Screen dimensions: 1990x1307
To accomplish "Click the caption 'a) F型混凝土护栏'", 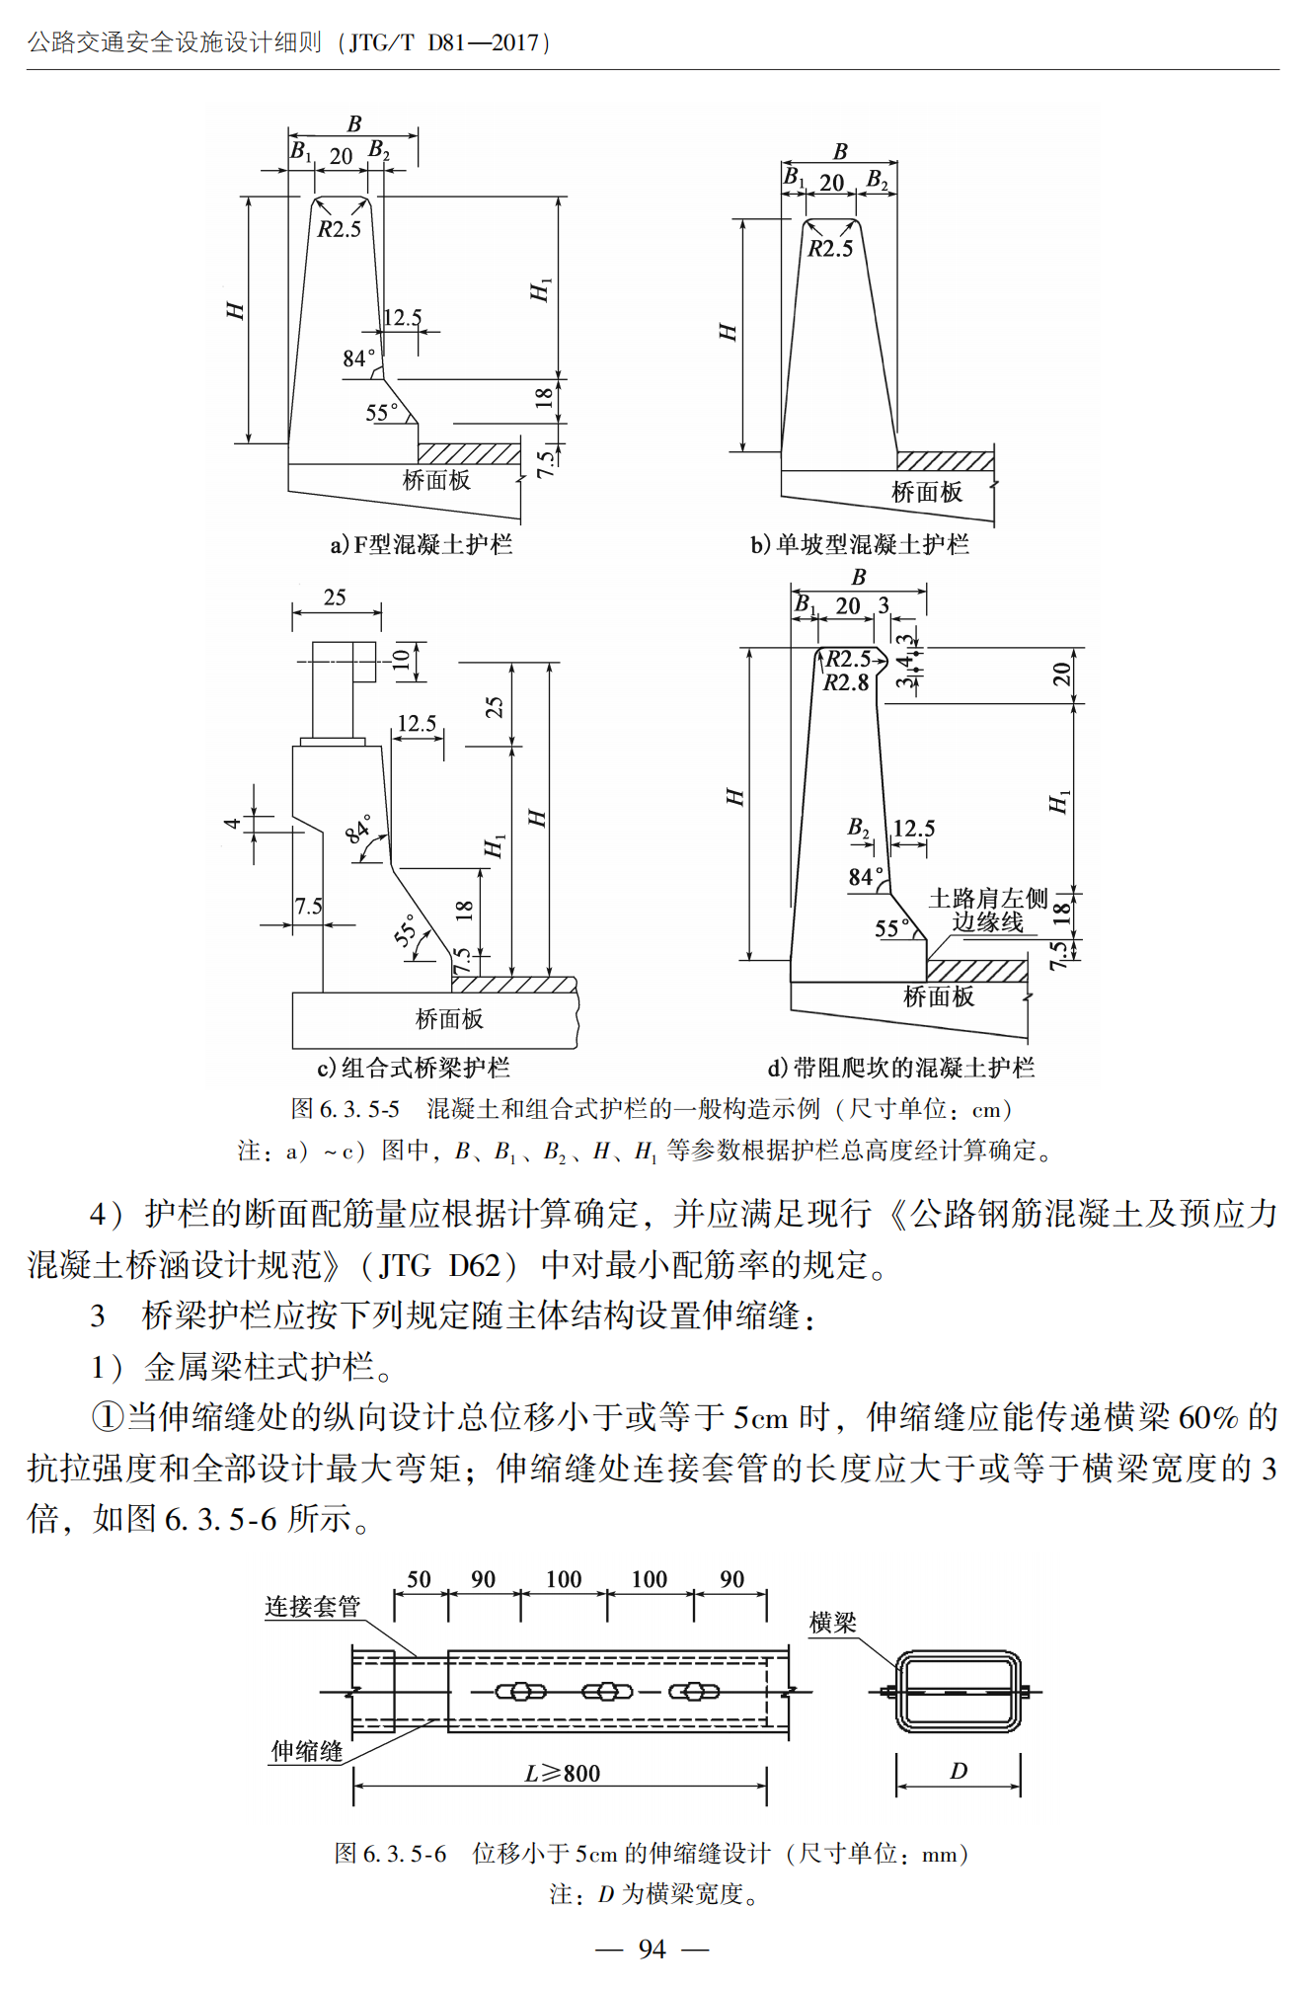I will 422,544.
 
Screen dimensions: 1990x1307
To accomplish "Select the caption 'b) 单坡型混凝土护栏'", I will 859,544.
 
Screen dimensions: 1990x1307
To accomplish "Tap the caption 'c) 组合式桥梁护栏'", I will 414,1068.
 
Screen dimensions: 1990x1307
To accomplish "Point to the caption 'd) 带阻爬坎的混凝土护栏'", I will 900,1068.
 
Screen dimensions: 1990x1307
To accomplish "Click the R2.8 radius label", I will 846,682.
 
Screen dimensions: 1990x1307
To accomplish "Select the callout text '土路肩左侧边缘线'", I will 987,910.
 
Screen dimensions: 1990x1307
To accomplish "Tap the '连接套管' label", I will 312,1607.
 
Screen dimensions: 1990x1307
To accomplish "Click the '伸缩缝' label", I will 307,1751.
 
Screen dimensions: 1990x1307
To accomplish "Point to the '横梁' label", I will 832,1623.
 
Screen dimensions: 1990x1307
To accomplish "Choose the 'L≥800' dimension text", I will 563,1774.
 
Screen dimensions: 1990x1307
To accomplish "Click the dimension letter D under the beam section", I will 958,1772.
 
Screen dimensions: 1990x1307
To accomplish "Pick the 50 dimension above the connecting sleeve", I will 419,1579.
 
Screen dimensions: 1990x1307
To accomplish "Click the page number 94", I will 652,1949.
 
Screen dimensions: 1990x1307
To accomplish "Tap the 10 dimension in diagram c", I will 402,660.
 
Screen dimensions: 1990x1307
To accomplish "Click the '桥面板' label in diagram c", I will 449,1018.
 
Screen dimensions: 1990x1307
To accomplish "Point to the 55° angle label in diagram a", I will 382,412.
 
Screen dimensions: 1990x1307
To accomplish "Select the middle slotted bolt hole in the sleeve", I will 607,1692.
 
